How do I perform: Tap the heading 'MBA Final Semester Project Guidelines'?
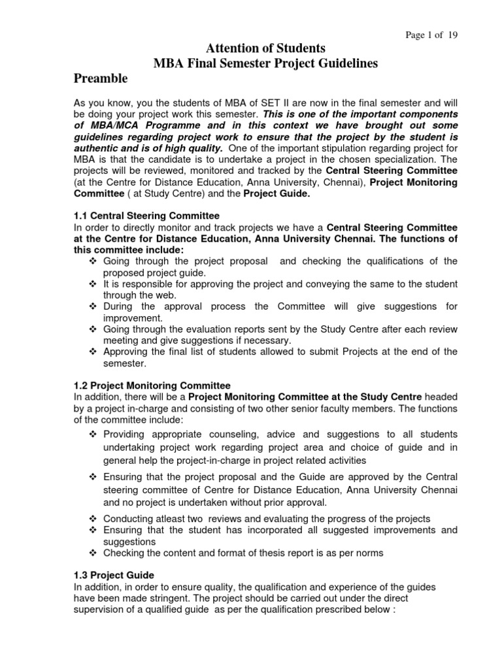pos(265,63)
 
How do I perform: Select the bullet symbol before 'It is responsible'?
pos(92,284)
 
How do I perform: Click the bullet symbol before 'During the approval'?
pos(92,306)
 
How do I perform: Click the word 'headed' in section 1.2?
pos(442,397)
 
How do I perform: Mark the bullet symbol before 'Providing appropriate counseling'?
pos(92,434)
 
